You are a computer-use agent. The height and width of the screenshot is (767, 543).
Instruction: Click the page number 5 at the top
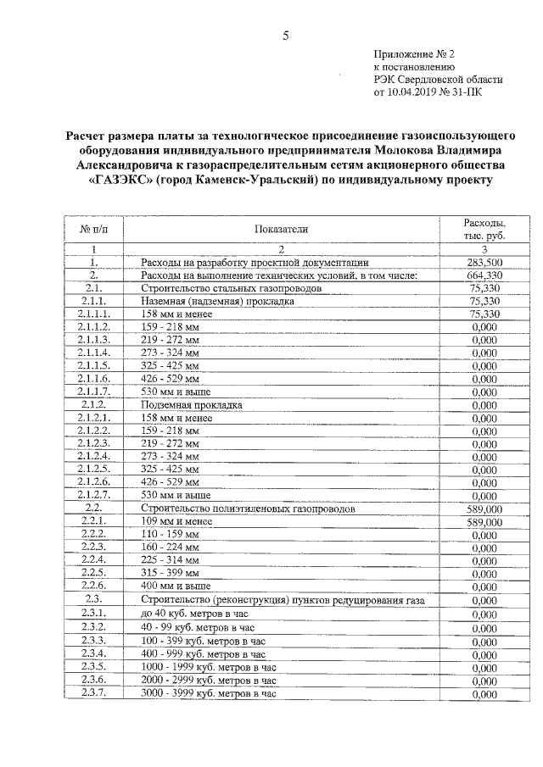(285, 35)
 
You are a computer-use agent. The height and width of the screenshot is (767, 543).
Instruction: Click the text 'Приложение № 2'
(413, 52)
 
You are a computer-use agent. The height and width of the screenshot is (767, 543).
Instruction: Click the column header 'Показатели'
(280, 228)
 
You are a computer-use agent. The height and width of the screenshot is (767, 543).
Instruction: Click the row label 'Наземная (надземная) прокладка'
(217, 301)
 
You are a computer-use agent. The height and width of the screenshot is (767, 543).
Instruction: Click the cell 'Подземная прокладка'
(192, 405)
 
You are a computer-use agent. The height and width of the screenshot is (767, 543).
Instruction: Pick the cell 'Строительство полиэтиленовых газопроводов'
(248, 509)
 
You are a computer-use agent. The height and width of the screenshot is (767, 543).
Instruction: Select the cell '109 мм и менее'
(176, 521)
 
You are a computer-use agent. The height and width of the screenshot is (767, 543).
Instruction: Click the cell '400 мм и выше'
(176, 586)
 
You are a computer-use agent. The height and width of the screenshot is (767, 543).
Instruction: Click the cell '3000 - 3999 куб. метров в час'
(209, 693)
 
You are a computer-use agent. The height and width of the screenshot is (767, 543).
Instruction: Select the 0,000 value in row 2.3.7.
(484, 694)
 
